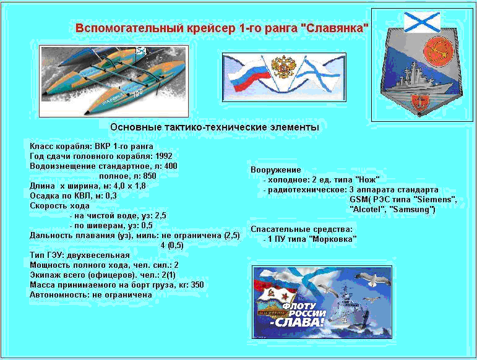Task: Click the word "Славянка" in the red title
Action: click(x=334, y=28)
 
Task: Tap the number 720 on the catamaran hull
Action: click(x=137, y=93)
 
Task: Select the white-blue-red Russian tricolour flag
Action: click(x=249, y=75)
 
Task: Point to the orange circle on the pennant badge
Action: click(x=438, y=52)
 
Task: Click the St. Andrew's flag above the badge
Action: click(x=422, y=22)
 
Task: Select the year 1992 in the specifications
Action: click(x=164, y=156)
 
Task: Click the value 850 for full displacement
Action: click(x=149, y=176)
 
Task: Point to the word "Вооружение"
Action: click(x=275, y=170)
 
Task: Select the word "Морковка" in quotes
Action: click(x=332, y=239)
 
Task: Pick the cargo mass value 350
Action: click(x=197, y=285)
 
